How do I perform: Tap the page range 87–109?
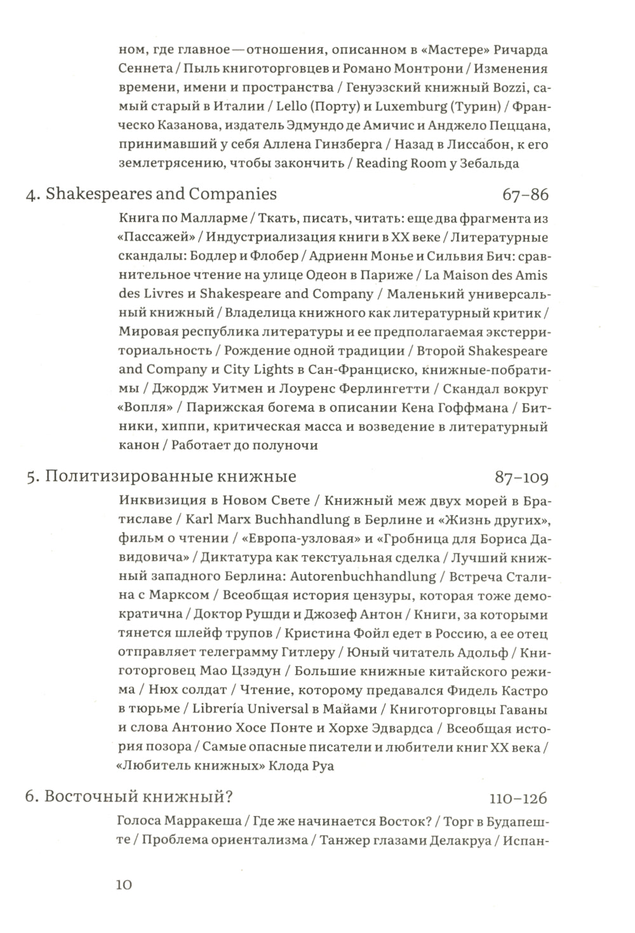pyautogui.click(x=521, y=477)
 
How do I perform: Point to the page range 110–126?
pyautogui.click(x=518, y=798)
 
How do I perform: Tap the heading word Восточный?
pyautogui.click(x=93, y=798)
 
